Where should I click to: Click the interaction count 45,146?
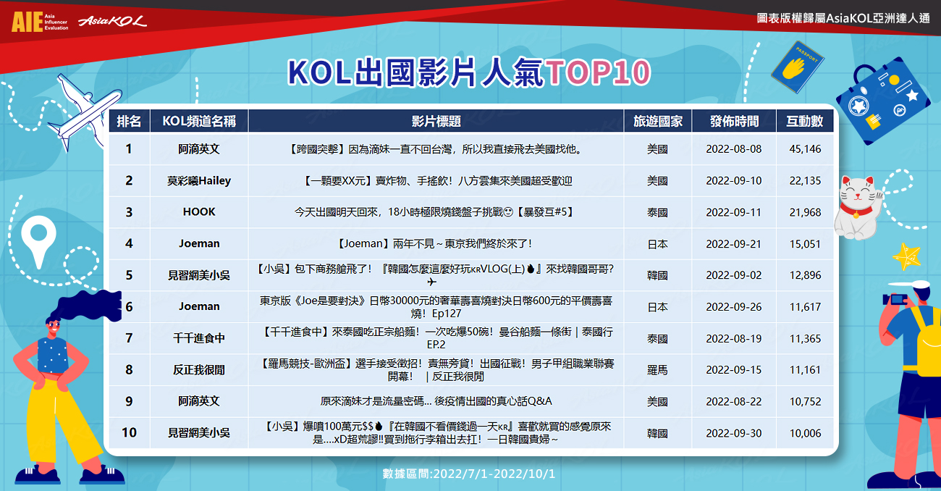click(805, 149)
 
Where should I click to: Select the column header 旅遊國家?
click(658, 122)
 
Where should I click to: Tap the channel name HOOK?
click(199, 212)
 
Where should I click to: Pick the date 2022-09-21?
click(733, 244)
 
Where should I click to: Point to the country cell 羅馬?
click(657, 370)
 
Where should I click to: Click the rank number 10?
click(129, 432)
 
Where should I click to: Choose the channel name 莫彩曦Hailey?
click(199, 181)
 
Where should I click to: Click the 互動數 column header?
click(804, 122)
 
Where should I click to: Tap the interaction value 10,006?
click(805, 433)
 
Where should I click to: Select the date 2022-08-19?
click(733, 338)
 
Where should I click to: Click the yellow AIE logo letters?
click(28, 22)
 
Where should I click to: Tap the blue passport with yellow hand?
click(797, 67)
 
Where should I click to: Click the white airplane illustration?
click(84, 112)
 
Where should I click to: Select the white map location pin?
click(38, 240)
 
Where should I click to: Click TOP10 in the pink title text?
click(598, 72)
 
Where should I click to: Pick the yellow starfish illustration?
click(906, 256)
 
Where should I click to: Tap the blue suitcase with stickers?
click(882, 101)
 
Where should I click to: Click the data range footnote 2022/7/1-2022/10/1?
click(494, 474)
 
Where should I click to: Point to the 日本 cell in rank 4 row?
click(657, 244)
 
